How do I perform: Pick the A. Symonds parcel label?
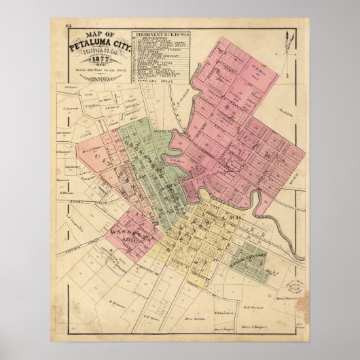[73, 126]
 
